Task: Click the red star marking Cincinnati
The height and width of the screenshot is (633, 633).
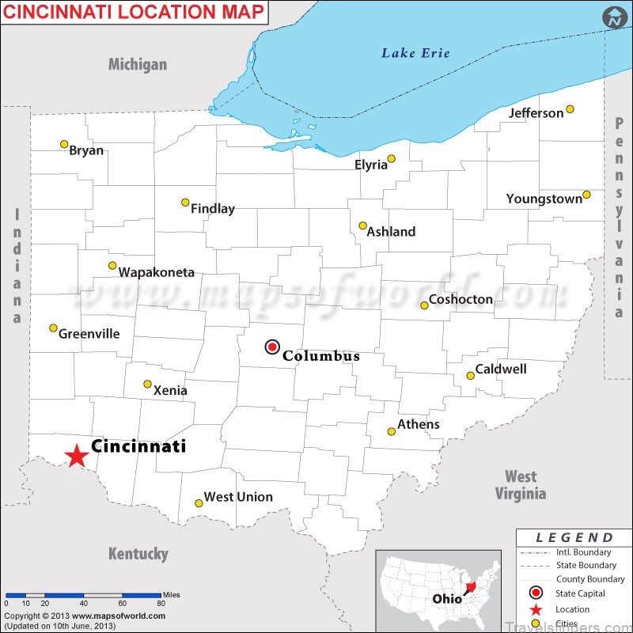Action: tap(76, 456)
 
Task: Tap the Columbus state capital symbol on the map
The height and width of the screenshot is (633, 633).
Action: tap(272, 347)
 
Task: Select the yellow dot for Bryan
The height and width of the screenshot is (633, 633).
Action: tap(64, 144)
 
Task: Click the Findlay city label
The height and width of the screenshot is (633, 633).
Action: tap(213, 209)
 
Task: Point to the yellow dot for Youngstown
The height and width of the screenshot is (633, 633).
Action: tap(586, 194)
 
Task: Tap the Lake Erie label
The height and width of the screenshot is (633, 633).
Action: tap(415, 53)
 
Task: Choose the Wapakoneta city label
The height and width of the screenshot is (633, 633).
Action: tap(157, 272)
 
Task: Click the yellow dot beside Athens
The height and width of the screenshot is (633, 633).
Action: tap(391, 431)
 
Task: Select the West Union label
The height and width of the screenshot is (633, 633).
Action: tap(238, 497)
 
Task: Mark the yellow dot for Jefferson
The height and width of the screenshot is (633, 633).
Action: tap(570, 109)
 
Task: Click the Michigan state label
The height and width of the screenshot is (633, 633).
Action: tap(138, 64)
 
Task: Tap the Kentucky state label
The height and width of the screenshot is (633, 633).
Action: tap(138, 554)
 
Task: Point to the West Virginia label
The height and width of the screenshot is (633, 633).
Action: tap(521, 485)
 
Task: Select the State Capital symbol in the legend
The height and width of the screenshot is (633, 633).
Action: tap(536, 593)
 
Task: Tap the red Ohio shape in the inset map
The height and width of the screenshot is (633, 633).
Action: tap(473, 587)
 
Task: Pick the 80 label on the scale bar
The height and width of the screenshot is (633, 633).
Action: tap(161, 603)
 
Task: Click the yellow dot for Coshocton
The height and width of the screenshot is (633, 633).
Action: tap(424, 305)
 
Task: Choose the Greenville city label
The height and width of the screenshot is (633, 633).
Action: tap(89, 334)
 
